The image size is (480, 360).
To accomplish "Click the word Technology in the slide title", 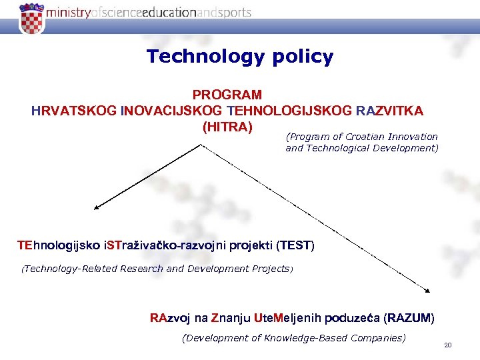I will point(207,57).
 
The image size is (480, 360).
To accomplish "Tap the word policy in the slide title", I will point(303,58).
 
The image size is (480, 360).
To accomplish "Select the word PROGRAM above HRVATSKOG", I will point(227,95).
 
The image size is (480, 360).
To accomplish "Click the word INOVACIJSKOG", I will point(172,110).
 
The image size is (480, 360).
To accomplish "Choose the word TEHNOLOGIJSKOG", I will point(290,110).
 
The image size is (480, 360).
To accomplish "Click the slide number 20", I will point(447,345).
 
